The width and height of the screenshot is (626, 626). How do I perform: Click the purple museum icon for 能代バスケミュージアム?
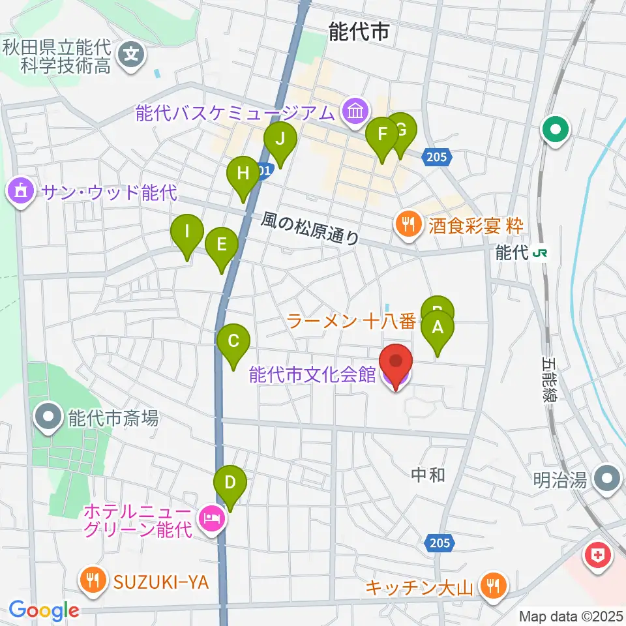click(355, 112)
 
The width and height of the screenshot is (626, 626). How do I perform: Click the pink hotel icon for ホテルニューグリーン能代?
click(211, 520)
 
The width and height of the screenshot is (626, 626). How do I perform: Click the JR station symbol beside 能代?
click(539, 253)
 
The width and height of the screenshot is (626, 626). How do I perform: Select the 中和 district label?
click(429, 475)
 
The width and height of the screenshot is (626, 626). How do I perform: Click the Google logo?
click(44, 610)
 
